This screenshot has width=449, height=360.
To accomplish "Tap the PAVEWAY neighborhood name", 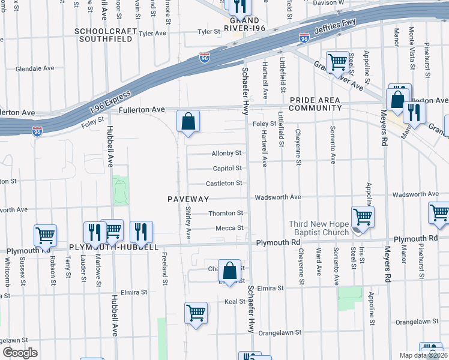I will pyautogui.click(x=188, y=199).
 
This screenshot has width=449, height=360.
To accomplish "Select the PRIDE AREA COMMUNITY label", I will pyautogui.click(x=315, y=104).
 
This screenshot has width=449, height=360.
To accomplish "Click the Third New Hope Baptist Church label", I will pyautogui.click(x=319, y=228).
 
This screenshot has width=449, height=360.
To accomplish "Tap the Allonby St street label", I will pyautogui.click(x=226, y=154).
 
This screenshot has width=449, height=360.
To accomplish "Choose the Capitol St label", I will pyautogui.click(x=227, y=169).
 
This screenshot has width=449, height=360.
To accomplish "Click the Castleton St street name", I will pyautogui.click(x=224, y=183).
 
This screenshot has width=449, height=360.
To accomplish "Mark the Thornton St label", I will pyautogui.click(x=226, y=213).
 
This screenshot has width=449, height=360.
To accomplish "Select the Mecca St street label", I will pyautogui.click(x=230, y=228).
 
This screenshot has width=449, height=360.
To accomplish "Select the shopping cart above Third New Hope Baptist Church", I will pyautogui.click(x=362, y=217).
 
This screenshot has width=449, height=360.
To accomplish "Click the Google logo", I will pyautogui.click(x=20, y=353).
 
